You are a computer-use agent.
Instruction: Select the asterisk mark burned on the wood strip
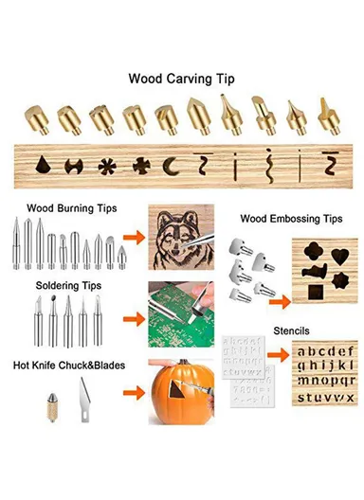107,166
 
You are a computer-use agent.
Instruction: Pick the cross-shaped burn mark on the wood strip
140,166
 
